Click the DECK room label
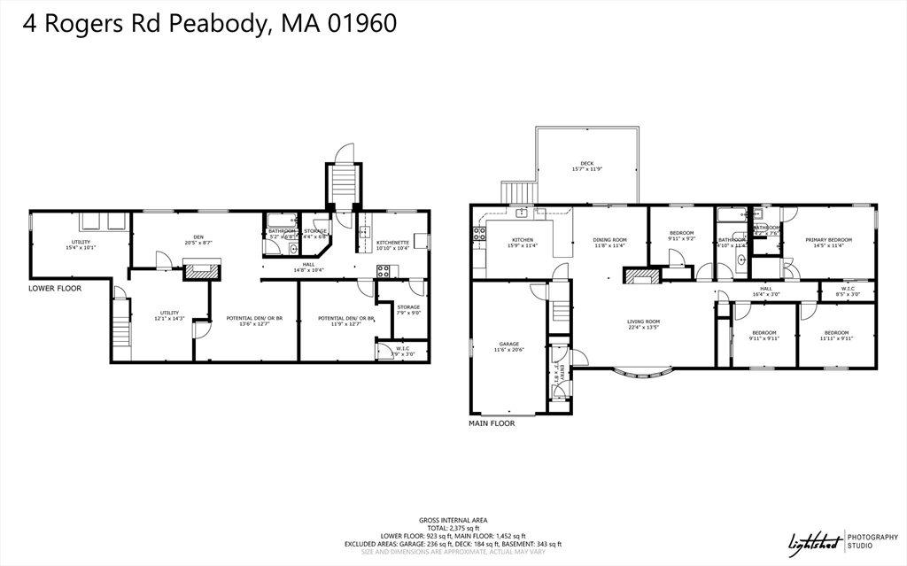pyautogui.click(x=586, y=163)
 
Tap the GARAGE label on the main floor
pyautogui.click(x=508, y=344)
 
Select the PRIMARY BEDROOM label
pyautogui.click(x=828, y=240)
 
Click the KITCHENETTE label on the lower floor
pyautogui.click(x=392, y=242)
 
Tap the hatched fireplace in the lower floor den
pyautogui.click(x=199, y=272)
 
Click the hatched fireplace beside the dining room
pyautogui.click(x=641, y=278)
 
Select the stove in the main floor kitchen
pyautogui.click(x=479, y=234)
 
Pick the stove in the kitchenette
pyautogui.click(x=384, y=272)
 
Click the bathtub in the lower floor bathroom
pyautogui.click(x=282, y=218)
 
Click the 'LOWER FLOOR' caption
pyautogui.click(x=55, y=288)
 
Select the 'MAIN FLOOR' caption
pyautogui.click(x=492, y=423)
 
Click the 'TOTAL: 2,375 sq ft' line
pyautogui.click(x=453, y=528)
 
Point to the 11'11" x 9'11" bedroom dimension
pyautogui.click(x=835, y=338)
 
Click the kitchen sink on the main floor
pyautogui.click(x=522, y=213)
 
